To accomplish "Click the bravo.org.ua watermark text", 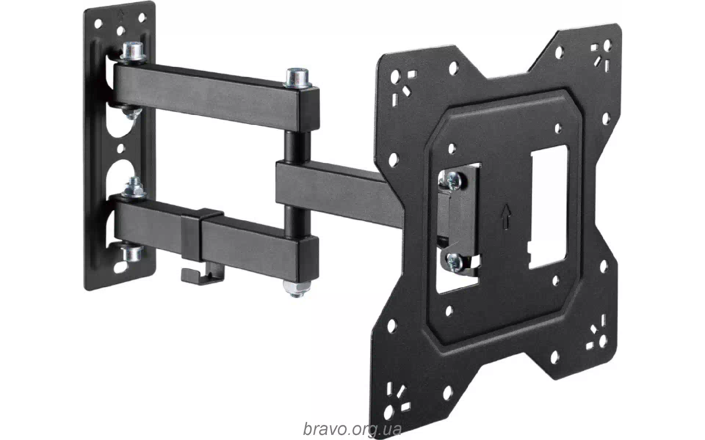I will (x=352, y=428).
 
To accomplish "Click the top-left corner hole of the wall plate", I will (x=98, y=25).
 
